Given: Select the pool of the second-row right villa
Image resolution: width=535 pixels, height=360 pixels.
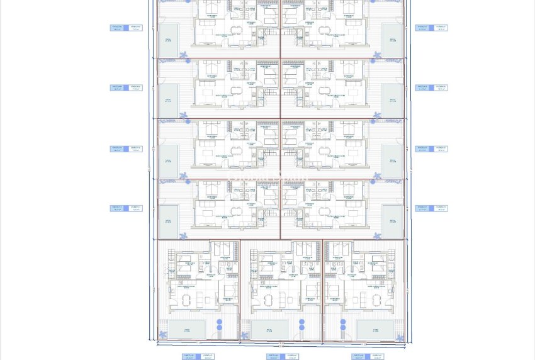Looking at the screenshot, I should point(393,101).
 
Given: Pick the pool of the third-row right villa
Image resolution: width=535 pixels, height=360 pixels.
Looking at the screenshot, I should point(393,161).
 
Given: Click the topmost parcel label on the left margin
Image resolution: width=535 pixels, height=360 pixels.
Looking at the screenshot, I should point(126,28).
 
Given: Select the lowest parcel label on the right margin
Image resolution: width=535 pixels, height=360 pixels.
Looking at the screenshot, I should point(431,208).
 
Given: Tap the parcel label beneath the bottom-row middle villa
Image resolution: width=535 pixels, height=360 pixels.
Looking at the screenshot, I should point(283,356).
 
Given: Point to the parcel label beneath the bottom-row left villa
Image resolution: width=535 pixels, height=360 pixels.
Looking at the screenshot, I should point(198,356).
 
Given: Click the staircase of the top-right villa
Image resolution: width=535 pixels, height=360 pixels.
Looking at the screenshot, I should point(288,32).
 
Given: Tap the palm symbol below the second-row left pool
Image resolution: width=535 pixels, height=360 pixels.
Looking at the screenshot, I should point(183,115).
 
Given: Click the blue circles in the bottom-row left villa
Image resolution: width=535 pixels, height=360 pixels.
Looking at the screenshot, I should point(220,325).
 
